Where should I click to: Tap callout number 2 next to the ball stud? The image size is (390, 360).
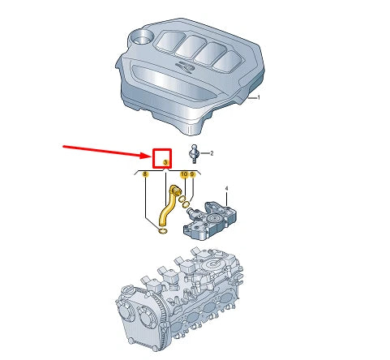pos(211,152)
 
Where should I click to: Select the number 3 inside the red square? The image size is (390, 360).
pos(165,163)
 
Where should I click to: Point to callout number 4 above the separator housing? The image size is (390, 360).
pos(227,189)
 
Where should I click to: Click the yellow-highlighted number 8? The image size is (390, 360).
pos(145,174)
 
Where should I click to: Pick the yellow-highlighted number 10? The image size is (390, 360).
pos(183,174)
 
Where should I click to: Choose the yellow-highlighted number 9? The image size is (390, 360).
pos(192,174)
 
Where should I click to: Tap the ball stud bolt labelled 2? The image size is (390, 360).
pos(194,152)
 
